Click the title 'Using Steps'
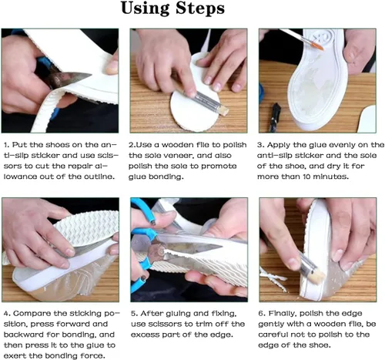(x=172, y=8)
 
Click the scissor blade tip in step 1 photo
(x=91, y=75)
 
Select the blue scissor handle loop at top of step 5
(x=145, y=210)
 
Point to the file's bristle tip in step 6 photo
(x=316, y=275)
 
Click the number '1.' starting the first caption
(x=6, y=145)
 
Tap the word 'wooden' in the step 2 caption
(x=178, y=145)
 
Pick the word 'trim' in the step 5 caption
(x=196, y=324)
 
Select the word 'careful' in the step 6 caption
(x=273, y=335)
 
